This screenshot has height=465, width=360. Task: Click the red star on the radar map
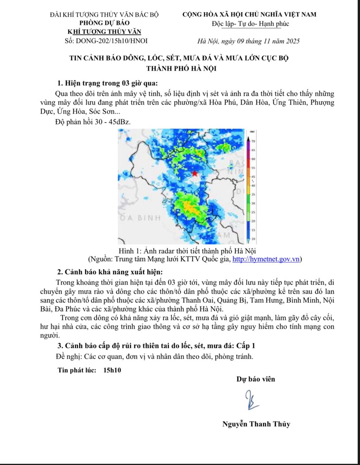coord(195,173)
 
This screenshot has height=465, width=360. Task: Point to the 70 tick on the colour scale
coord(253,140)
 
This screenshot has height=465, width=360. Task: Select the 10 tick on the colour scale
coord(253,239)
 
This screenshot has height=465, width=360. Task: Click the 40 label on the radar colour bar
coord(253,185)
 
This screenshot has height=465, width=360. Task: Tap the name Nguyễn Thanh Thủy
coord(256,424)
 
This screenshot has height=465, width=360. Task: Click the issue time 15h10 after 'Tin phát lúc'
coord(112,370)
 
